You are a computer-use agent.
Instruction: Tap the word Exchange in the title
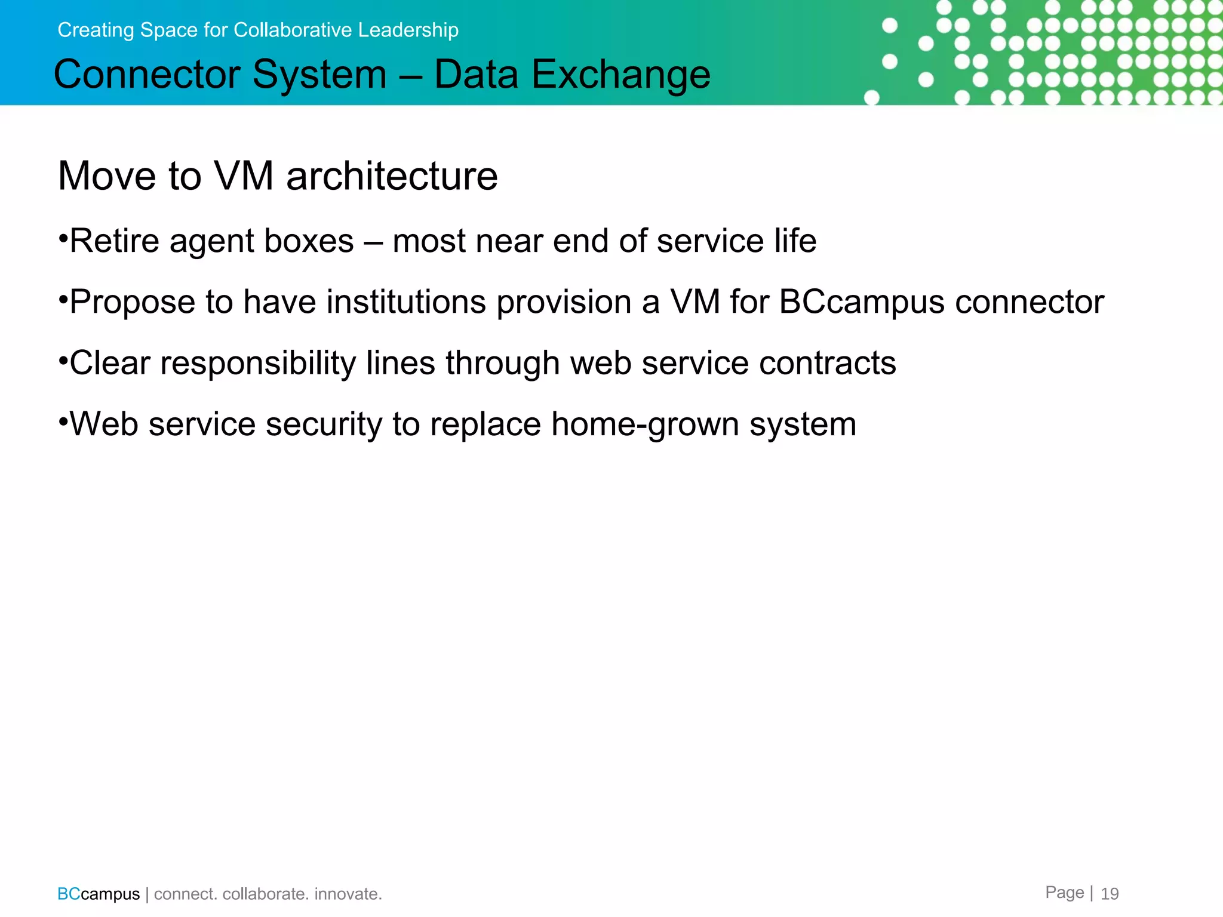(x=620, y=75)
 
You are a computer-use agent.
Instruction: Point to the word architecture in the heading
(x=392, y=177)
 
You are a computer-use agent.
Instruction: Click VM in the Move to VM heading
(x=244, y=177)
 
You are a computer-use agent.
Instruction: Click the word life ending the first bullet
(x=795, y=241)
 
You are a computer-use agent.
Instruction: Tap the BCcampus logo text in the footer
(x=99, y=894)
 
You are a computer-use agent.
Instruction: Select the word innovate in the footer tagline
(x=346, y=894)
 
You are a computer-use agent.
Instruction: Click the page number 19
(x=1110, y=894)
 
